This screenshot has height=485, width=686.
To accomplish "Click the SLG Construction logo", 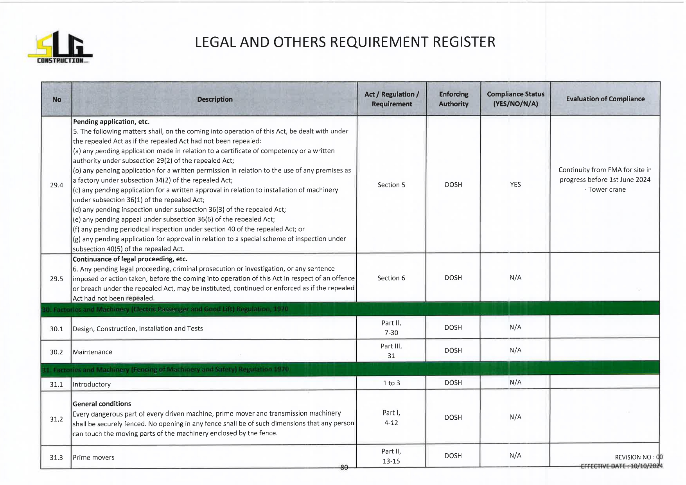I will (60, 47).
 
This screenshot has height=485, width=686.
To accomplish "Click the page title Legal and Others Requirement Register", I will (345, 42).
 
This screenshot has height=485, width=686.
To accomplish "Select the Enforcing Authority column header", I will (453, 99).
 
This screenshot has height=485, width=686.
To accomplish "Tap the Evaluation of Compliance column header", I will (605, 99).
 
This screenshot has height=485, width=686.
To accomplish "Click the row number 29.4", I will (56, 185).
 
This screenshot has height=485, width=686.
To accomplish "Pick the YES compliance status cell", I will (515, 185).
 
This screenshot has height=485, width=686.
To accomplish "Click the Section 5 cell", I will (391, 185).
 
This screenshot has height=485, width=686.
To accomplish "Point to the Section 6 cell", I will (391, 278).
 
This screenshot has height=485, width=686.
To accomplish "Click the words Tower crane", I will (607, 190).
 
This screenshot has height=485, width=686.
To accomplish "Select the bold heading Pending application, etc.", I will (111, 122).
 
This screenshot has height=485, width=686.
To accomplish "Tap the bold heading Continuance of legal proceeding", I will (130, 259).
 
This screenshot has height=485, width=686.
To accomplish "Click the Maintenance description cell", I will (92, 352).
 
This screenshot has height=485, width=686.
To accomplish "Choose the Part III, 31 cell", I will (391, 351).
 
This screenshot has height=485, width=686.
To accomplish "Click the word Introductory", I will (92, 384).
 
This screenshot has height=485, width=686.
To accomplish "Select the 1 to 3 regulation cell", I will (391, 383).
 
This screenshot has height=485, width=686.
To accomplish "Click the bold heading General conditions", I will (102, 404).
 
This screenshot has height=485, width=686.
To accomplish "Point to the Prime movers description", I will (93, 458).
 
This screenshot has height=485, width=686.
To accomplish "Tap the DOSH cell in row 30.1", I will (453, 327).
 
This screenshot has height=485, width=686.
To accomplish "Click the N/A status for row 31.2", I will (515, 417).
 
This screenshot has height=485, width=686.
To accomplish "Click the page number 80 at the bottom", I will (344, 467).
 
